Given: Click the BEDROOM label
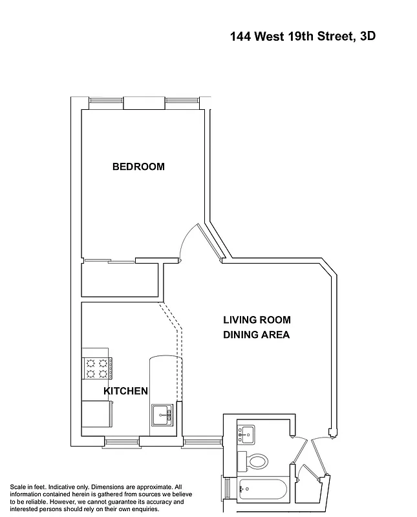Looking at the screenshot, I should coord(138,167).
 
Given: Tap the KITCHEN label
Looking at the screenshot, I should coord(126,391).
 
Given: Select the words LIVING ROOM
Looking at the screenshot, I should coord(257,320).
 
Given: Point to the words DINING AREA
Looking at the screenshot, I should coord(256,335).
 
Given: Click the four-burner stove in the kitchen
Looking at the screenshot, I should coord(96,368).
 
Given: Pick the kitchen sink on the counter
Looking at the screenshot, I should coord(162,414).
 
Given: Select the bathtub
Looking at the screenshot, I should coord(262,489).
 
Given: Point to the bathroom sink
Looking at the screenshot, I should coord(247,434).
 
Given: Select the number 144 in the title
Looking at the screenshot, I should coord(242,36).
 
